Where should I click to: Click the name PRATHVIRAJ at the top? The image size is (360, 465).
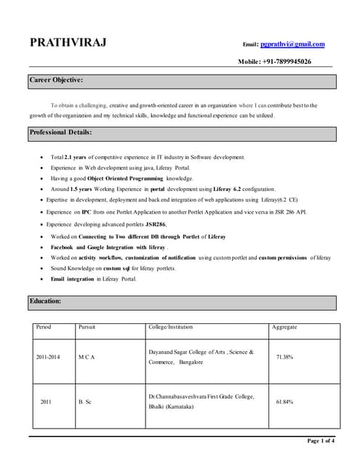click(68, 42)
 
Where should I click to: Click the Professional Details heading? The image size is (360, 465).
click(60, 132)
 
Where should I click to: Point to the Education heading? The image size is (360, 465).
click(45, 301)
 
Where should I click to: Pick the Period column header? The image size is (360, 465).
click(44, 328)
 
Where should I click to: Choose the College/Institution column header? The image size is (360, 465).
click(170, 328)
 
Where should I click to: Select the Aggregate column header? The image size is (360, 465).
click(284, 328)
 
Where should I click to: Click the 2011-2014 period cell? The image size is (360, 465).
click(49, 357)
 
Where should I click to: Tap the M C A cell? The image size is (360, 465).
click(87, 357)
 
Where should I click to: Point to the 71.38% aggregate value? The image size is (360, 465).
click(284, 357)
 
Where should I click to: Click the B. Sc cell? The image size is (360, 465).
click(86, 401)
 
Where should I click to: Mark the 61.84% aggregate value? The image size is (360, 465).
click(284, 401)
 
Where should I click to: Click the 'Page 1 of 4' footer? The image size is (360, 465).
click(321, 440)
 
